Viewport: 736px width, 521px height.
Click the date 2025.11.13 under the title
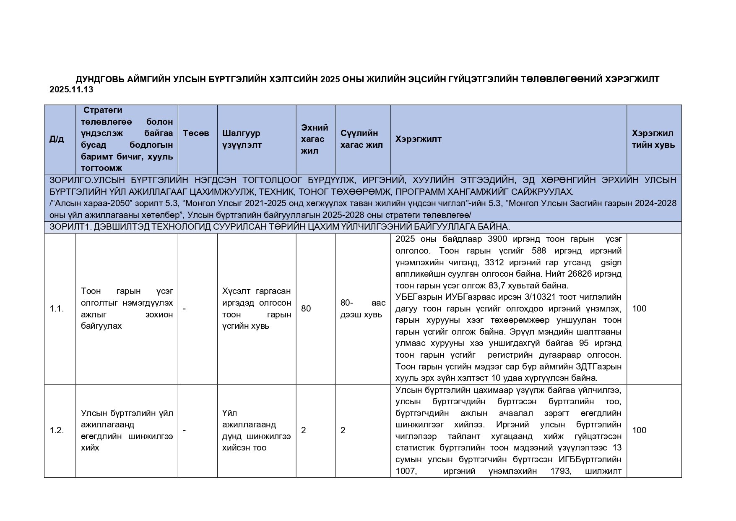(x=71, y=89)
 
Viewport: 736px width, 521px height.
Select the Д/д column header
(x=57, y=139)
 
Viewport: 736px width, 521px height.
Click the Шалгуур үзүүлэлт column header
(x=242, y=139)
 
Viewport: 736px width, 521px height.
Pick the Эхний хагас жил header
(x=315, y=139)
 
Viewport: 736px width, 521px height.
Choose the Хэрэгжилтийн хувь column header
(x=653, y=139)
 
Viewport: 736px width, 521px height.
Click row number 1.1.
(x=57, y=309)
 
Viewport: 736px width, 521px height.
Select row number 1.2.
(x=57, y=430)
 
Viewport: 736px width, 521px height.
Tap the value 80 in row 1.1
(x=306, y=309)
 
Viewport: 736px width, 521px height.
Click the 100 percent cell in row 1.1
(x=639, y=309)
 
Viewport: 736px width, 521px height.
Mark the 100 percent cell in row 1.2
(x=639, y=430)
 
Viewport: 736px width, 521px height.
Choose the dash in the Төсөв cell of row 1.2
(x=185, y=430)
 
